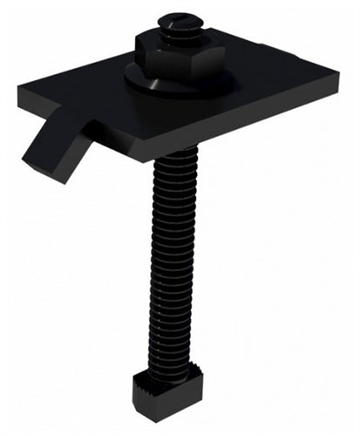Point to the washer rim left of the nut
pyautogui.click(x=132, y=78)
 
